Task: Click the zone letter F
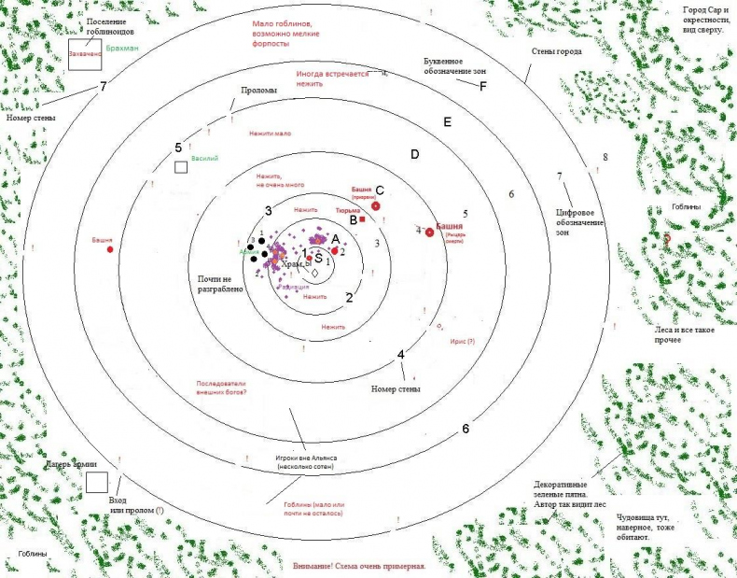483,86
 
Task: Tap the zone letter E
448,122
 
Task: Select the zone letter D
415,154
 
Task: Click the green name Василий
204,159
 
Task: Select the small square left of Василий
181,166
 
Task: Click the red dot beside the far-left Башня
110,249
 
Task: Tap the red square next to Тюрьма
363,219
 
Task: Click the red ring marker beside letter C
376,205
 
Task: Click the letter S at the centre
318,258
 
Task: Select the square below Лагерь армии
96,482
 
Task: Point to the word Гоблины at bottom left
32,554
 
